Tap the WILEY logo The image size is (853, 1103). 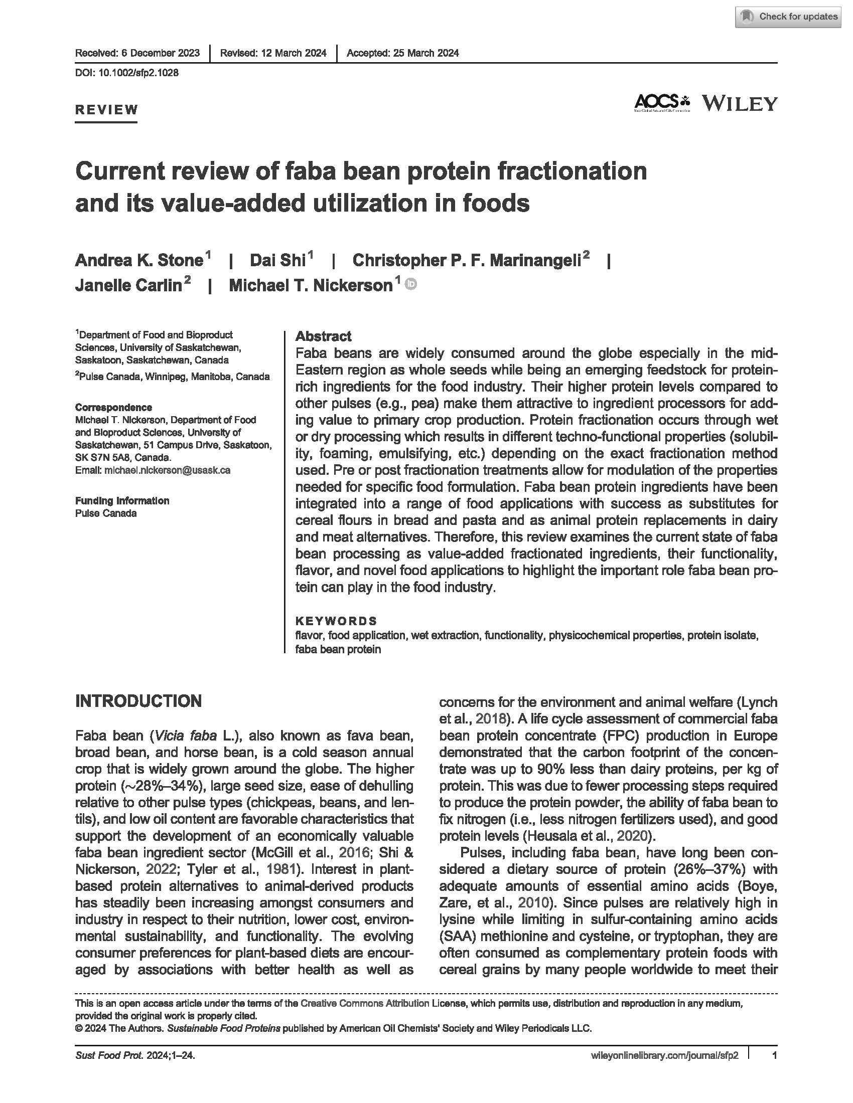pyautogui.click(x=739, y=104)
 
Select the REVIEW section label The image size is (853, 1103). pyautogui.click(x=106, y=110)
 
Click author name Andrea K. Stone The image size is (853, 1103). pyautogui.click(x=139, y=260)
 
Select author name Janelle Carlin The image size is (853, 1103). pyautogui.click(x=128, y=285)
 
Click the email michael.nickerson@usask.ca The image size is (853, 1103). pyautogui.click(x=167, y=470)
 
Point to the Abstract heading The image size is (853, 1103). pyautogui.click(x=323, y=336)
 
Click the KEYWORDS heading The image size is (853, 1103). pyautogui.click(x=336, y=621)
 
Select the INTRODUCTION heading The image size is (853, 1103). pyautogui.click(x=138, y=701)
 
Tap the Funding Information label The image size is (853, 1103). pyautogui.click(x=122, y=500)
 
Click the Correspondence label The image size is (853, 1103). pyautogui.click(x=114, y=407)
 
